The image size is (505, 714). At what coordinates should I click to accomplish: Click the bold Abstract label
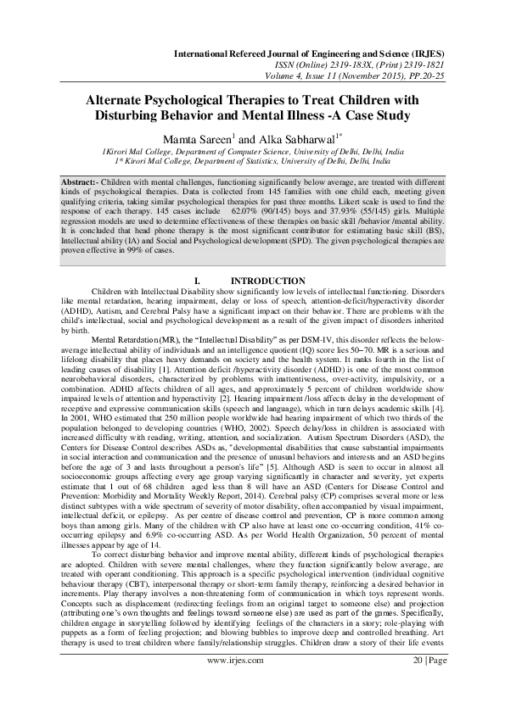84,182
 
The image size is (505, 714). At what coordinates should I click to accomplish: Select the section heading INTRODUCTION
268,282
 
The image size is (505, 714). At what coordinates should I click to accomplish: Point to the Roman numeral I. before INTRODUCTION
198,282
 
